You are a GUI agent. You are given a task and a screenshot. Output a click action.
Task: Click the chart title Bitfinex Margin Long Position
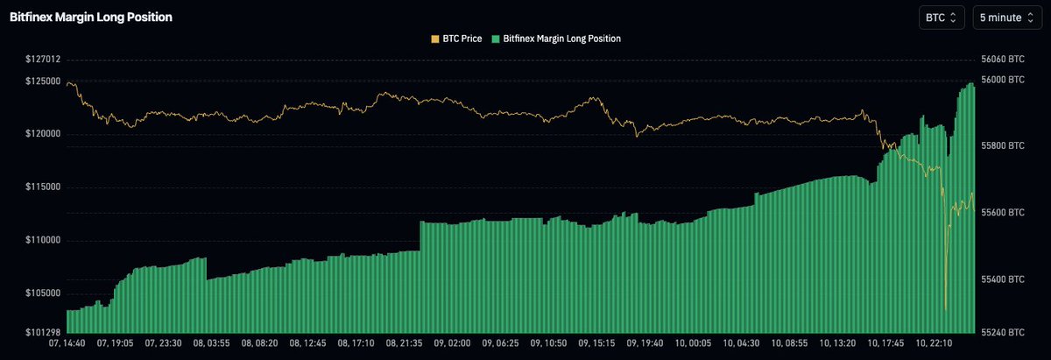(x=91, y=17)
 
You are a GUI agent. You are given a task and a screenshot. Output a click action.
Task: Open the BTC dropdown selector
(x=942, y=17)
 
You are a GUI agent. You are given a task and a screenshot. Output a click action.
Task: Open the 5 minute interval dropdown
(x=1007, y=17)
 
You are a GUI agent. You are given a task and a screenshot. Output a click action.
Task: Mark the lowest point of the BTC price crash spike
(x=945, y=309)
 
